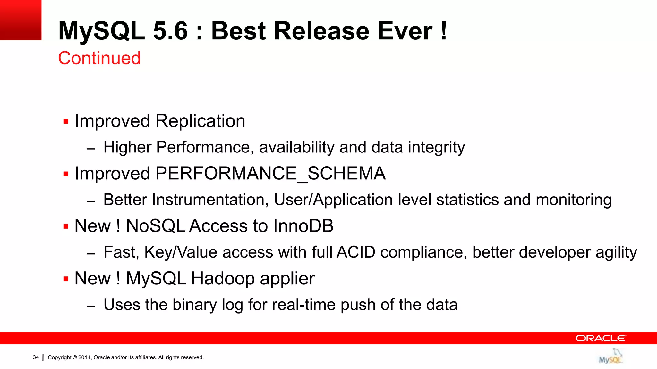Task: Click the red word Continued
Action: point(99,58)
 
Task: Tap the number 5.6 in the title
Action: point(170,31)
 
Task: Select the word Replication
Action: point(200,121)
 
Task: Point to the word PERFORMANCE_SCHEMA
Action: point(270,174)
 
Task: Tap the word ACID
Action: point(356,252)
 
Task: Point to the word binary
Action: point(194,305)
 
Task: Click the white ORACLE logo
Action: point(601,338)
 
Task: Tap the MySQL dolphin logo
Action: point(611,357)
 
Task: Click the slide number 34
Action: point(36,357)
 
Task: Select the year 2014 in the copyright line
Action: point(85,357)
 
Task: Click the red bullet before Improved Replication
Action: point(66,122)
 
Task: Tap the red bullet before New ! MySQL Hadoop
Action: point(66,279)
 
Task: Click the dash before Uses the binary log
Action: point(91,306)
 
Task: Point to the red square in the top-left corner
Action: point(21,20)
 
